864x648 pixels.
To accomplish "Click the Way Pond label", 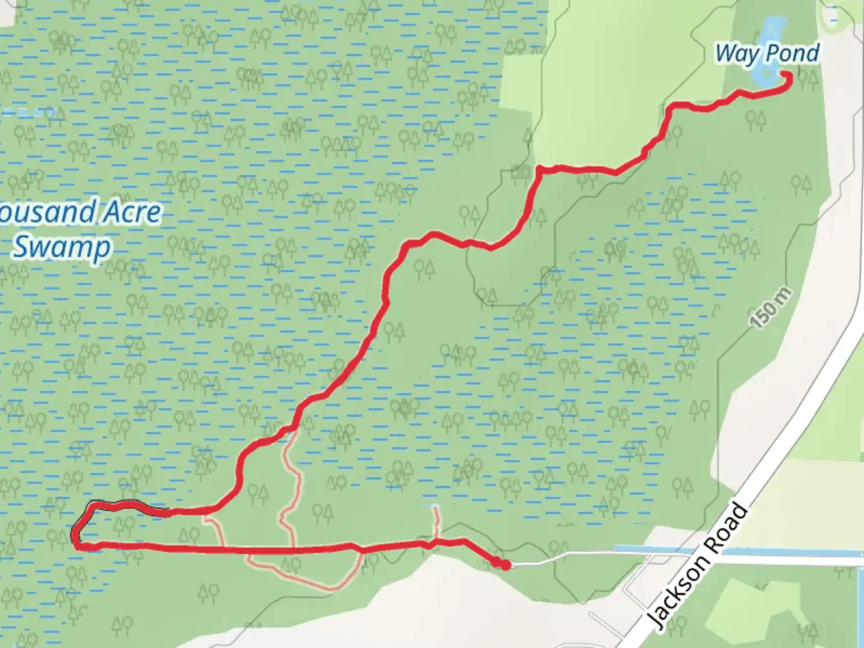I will coord(767,53).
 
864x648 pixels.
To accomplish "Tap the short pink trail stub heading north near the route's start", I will coord(436,519).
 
